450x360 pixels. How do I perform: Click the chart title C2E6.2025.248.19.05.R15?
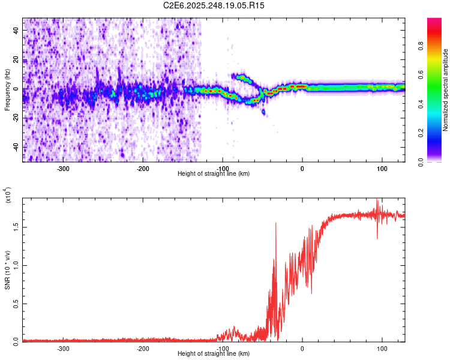tap(214, 5)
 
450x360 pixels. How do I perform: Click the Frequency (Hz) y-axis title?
tap(7, 90)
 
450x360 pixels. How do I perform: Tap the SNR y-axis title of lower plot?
tap(7, 269)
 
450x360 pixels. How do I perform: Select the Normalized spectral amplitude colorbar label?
tap(446, 90)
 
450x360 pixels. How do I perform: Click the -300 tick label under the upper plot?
tap(63, 168)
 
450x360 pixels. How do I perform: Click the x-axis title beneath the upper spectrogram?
tap(214, 173)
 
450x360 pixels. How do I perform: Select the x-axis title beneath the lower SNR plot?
tap(214, 353)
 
